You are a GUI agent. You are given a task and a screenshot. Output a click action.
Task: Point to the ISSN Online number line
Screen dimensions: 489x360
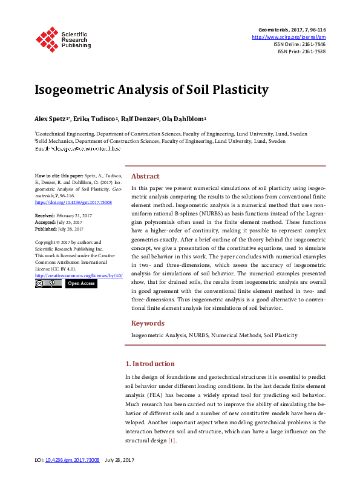(299, 44)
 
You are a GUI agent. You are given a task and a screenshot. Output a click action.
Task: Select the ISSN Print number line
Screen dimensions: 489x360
(301, 51)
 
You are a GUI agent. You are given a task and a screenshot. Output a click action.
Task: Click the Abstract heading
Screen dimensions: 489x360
(145, 176)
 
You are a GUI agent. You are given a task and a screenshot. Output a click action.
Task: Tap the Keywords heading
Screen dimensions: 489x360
(148, 323)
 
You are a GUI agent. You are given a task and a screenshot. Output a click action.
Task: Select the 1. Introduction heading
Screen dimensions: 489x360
(149, 364)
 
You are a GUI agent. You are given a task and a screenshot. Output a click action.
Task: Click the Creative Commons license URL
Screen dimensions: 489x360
(79, 275)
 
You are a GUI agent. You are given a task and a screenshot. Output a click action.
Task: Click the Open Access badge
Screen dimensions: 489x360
(81, 283)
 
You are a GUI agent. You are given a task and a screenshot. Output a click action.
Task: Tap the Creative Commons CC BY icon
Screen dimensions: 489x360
(48, 283)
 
